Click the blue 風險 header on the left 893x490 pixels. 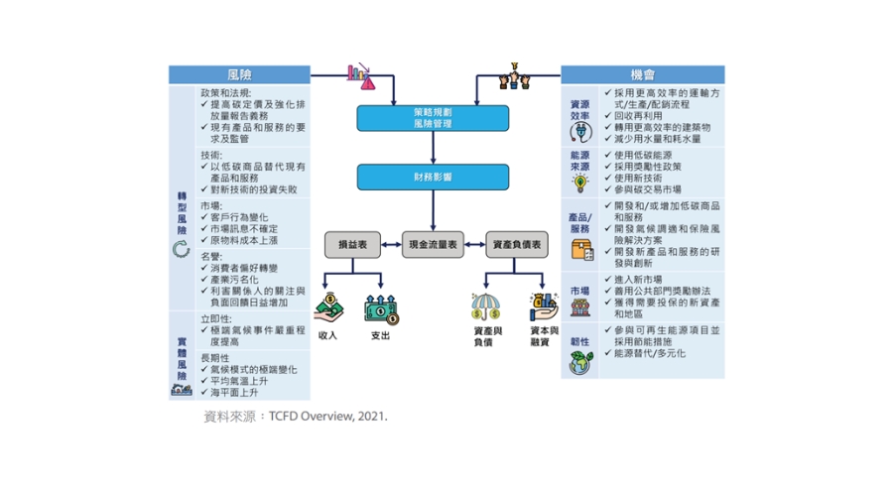(239, 75)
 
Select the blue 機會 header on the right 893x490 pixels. (643, 75)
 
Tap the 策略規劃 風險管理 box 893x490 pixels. (433, 118)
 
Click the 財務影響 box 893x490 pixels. (433, 178)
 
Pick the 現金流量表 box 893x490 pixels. (433, 244)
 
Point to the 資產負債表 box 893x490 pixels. (516, 244)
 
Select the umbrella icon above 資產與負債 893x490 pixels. (485, 304)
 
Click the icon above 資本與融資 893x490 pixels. (543, 304)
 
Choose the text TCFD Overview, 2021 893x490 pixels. (328, 417)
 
